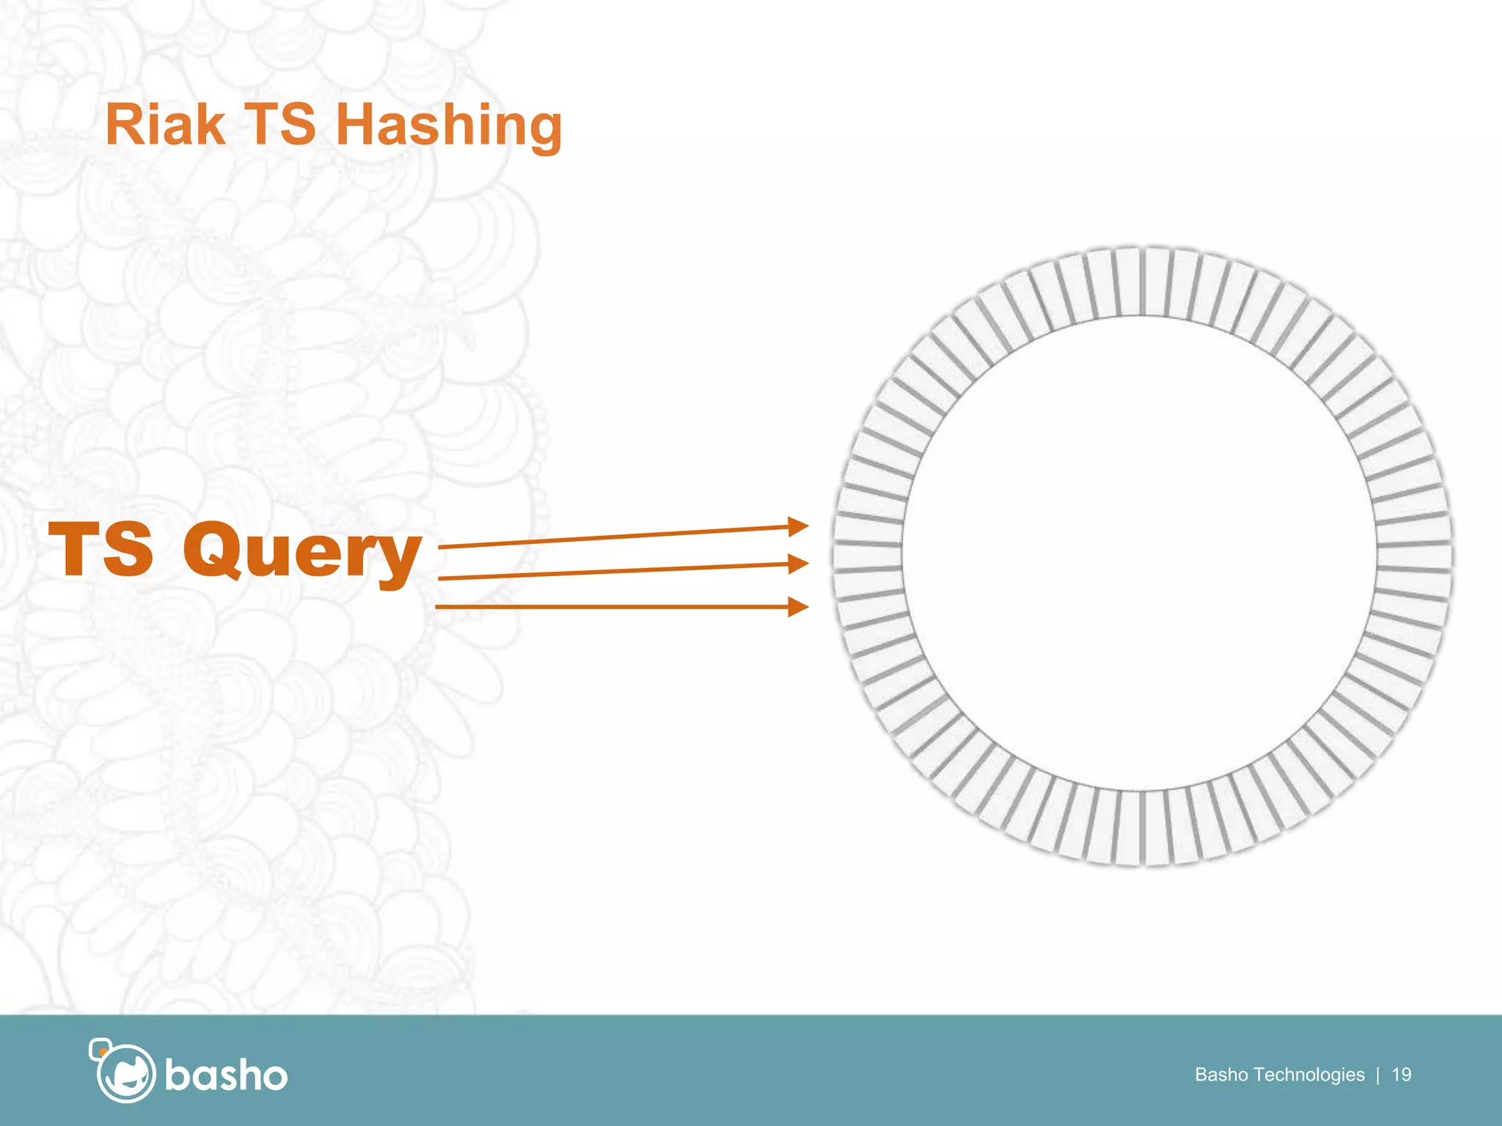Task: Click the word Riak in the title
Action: pos(165,125)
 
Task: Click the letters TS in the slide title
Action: pos(280,125)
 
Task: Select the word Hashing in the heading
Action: pos(449,126)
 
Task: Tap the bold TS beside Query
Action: pos(101,549)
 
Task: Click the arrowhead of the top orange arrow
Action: pos(798,526)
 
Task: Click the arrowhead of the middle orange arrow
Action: pos(798,563)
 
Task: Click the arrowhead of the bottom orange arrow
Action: pos(798,606)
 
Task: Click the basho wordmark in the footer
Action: pos(226,1076)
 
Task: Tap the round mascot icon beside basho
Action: pos(125,1072)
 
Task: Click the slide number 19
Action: pos(1401,1075)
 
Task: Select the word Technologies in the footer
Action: pos(1309,1075)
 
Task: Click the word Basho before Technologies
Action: pos(1222,1075)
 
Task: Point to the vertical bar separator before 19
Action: pos(1378,1075)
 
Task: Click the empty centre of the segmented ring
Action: pos(1141,555)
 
